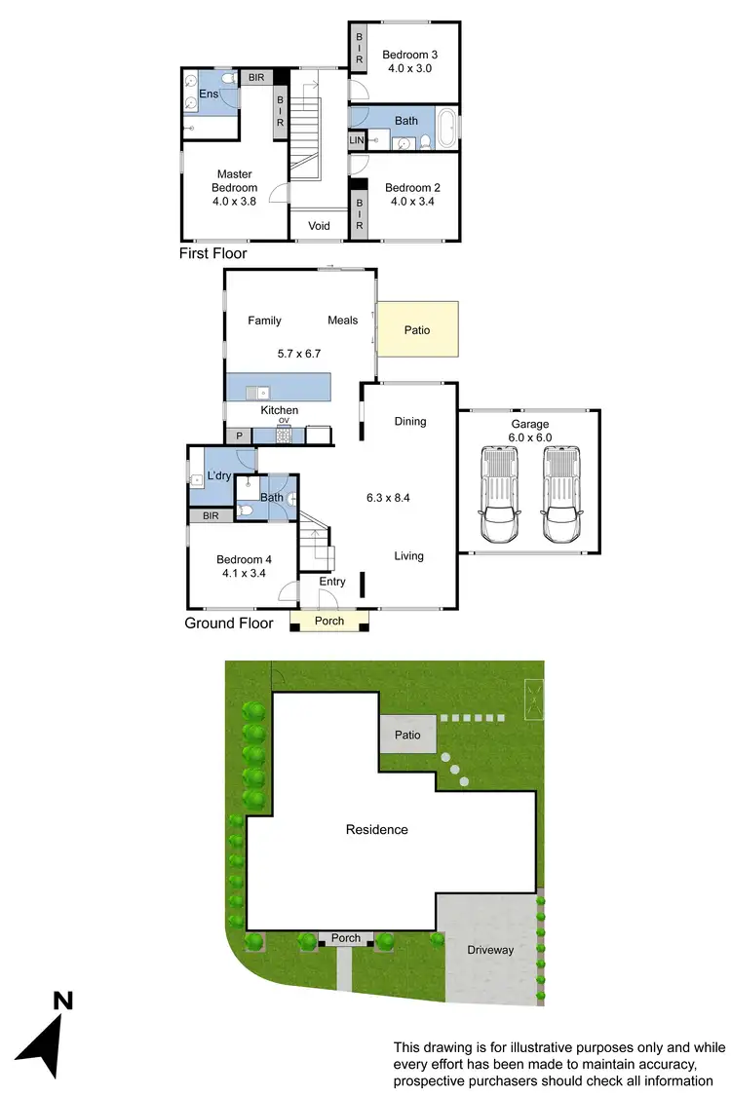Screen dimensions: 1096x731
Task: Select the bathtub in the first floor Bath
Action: (x=447, y=128)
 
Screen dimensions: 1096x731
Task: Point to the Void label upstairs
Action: (x=319, y=226)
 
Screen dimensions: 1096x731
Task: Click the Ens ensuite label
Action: (x=209, y=94)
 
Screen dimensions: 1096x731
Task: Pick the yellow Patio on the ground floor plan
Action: (x=416, y=330)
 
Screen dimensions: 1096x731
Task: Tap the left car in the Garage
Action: (x=499, y=495)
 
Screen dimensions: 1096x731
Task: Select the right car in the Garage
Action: (x=561, y=495)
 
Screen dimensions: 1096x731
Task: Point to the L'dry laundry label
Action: (x=219, y=476)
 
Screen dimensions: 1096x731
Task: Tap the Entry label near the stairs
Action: (x=332, y=582)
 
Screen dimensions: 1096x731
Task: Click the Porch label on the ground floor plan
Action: (x=329, y=621)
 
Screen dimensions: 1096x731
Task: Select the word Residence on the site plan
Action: (x=377, y=830)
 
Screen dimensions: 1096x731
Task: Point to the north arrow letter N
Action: (x=61, y=1000)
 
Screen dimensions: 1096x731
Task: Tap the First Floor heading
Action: (x=212, y=253)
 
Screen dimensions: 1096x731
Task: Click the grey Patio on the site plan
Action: (x=408, y=735)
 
